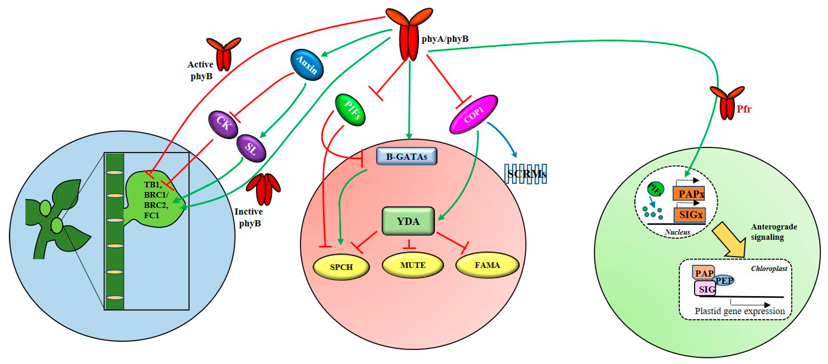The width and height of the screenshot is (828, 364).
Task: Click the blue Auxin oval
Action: pyautogui.click(x=307, y=64)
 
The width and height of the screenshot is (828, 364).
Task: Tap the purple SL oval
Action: pyautogui.click(x=251, y=148)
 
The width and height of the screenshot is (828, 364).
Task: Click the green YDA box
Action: pyautogui.click(x=408, y=221)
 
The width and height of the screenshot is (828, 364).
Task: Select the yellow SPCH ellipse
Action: pyautogui.click(x=341, y=267)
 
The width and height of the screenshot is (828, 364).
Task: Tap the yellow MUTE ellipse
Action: pyautogui.click(x=413, y=265)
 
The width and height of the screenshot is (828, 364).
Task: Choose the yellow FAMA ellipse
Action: pyautogui.click(x=487, y=265)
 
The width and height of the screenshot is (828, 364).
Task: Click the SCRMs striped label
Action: pyautogui.click(x=526, y=174)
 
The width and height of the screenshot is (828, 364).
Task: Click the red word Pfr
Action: pyautogui.click(x=744, y=109)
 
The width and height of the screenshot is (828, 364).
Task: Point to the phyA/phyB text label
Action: pyautogui.click(x=445, y=39)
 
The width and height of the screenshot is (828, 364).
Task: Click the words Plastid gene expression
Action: pyautogui.click(x=739, y=311)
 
